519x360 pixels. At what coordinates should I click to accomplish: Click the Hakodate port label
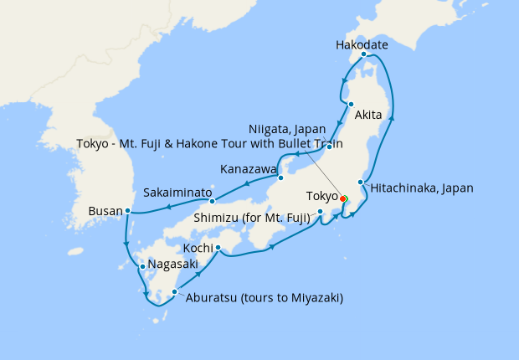coord(362,44)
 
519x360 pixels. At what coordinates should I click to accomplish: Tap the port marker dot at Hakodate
coord(363,54)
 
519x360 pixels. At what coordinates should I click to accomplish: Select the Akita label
coord(369,115)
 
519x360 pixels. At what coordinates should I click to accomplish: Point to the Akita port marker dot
coord(352,105)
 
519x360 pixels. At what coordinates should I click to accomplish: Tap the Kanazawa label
coord(248,169)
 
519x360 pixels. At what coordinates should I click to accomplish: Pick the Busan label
coord(105,212)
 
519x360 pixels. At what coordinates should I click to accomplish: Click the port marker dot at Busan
coord(127,211)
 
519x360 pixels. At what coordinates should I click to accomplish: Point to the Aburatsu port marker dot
coord(174,292)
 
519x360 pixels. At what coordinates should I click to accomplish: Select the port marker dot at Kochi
coord(218,247)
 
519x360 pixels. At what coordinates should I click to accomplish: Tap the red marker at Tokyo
coord(343,198)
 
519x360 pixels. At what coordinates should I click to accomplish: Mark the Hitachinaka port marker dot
coord(361,183)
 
